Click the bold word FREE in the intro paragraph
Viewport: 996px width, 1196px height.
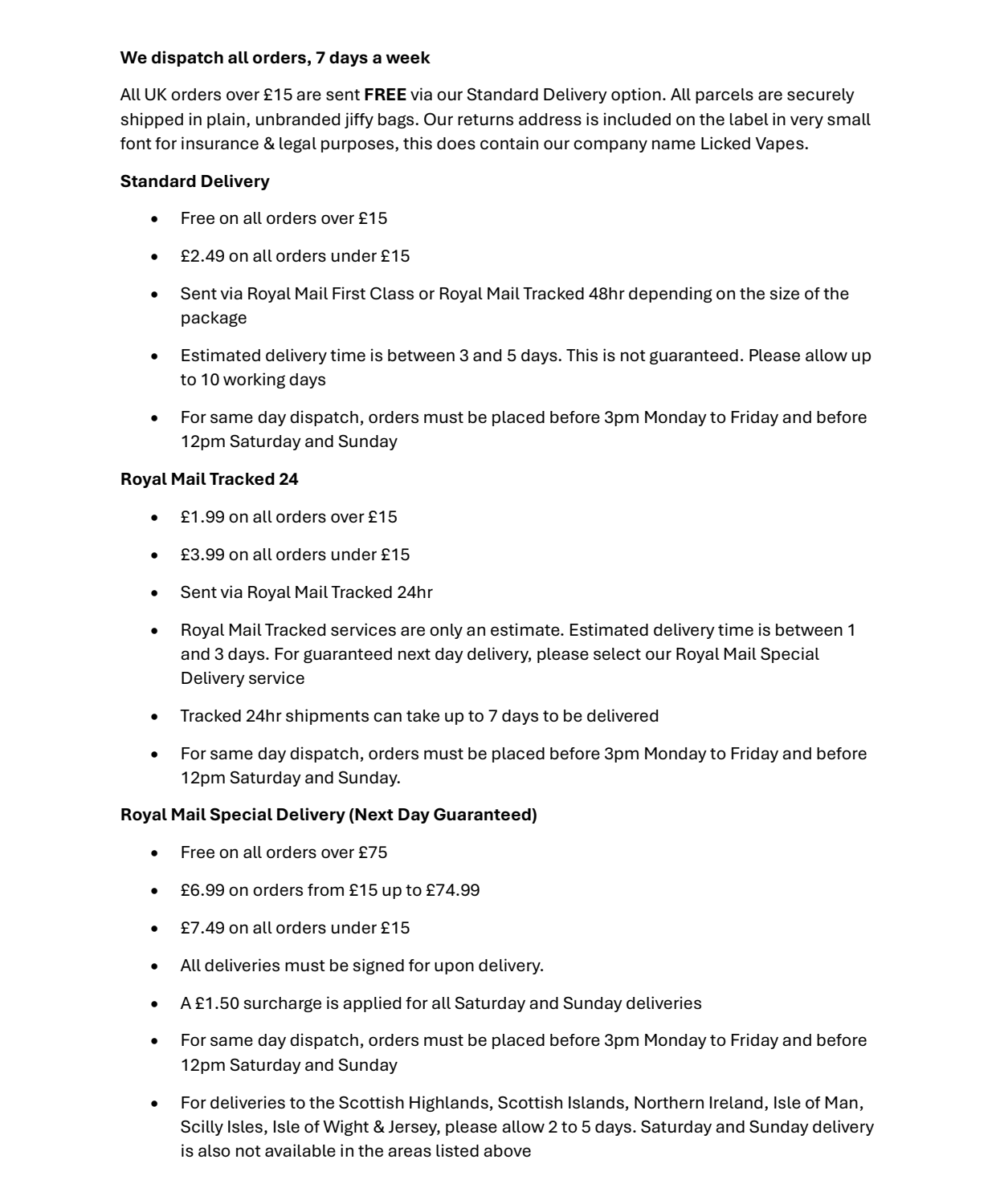point(385,95)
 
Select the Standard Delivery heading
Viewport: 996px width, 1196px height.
point(194,181)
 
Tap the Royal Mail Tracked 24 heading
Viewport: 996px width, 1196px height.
point(209,479)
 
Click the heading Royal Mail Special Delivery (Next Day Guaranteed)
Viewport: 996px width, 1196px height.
point(329,815)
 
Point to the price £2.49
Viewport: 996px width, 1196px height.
point(202,256)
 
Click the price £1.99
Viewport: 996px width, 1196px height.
point(202,517)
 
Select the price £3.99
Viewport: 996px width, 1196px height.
point(202,555)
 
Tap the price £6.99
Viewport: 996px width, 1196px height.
point(202,890)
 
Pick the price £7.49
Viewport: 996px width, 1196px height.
point(202,928)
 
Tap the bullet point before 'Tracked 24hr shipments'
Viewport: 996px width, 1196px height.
point(154,716)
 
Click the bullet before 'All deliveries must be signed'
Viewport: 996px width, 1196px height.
point(154,966)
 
